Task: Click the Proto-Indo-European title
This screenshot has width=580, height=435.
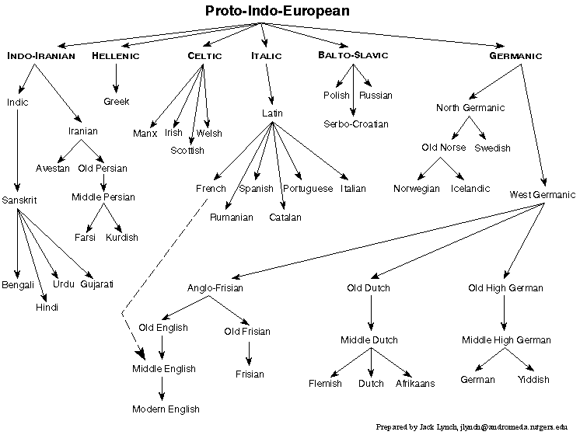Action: (278, 11)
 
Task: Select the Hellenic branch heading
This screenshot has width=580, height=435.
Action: (116, 56)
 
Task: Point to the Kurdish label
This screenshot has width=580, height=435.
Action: (121, 237)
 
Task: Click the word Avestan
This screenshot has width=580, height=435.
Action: (53, 168)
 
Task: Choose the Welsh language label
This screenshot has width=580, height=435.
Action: (209, 134)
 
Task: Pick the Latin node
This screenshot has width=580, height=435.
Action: (272, 113)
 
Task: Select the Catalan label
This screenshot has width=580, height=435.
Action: (285, 217)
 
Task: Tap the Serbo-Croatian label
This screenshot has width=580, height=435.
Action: (355, 124)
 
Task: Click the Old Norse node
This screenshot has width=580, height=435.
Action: (444, 147)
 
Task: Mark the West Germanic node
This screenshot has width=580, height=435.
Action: (543, 193)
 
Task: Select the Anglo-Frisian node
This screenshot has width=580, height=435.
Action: (215, 288)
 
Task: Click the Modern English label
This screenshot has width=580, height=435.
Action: (165, 409)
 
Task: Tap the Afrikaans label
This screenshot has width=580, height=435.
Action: (415, 383)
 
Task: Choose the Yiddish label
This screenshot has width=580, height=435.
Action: (533, 380)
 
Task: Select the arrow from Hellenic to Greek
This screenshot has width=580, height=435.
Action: (116, 78)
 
